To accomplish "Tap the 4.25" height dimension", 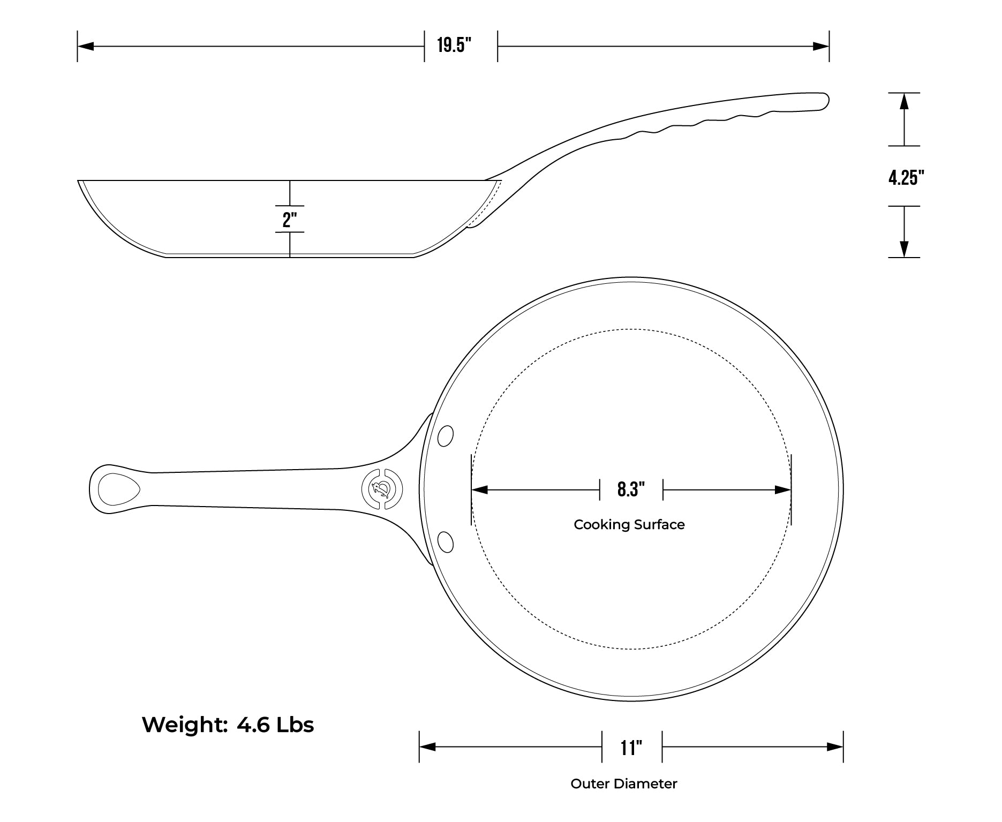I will click(x=906, y=177).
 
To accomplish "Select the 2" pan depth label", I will click(x=290, y=220).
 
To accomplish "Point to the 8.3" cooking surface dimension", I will click(x=631, y=489).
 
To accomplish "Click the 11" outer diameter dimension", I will click(x=631, y=748).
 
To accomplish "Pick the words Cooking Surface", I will click(x=629, y=525).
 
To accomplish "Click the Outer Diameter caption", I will click(x=624, y=784).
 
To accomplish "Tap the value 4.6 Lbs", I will click(x=275, y=725).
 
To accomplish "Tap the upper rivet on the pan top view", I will click(x=445, y=436).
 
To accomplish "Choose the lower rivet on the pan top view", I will click(x=445, y=542).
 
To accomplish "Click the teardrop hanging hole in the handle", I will click(x=118, y=489).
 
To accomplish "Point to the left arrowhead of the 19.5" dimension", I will click(x=86, y=47).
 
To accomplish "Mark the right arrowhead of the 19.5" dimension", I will click(x=821, y=47).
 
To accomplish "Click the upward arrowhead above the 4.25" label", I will click(x=905, y=101).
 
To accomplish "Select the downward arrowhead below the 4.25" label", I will click(x=905, y=249).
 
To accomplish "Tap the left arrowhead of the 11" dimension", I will click(x=427, y=747).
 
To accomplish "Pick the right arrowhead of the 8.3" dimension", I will click(x=783, y=489).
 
